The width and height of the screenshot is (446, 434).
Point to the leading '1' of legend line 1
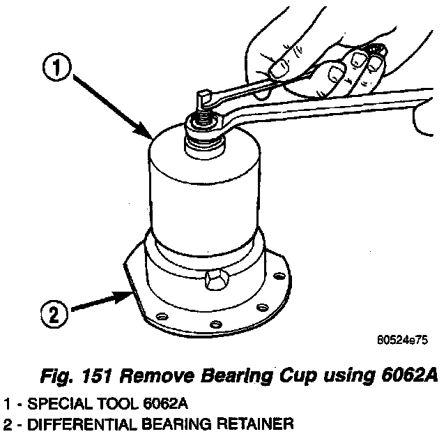click(x=6, y=403)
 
